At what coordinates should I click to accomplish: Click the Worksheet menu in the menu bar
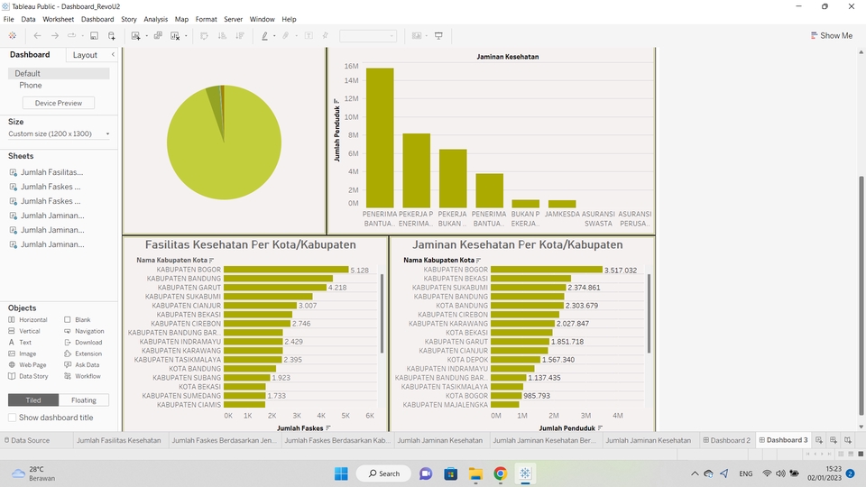tap(58, 19)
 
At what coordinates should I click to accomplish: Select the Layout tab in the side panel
tap(85, 55)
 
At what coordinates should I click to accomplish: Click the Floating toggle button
tap(84, 400)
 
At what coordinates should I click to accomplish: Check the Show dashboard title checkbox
tap(13, 418)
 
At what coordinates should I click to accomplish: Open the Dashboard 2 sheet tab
tap(729, 440)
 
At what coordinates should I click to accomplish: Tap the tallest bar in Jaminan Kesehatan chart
tap(380, 137)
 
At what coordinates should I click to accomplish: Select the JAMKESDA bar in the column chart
tap(562, 204)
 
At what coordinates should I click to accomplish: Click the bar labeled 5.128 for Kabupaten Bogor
tap(285, 270)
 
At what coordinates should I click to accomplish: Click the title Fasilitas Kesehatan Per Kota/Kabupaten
tap(251, 244)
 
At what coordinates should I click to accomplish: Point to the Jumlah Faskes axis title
tap(300, 427)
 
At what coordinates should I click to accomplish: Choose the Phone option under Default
tap(31, 86)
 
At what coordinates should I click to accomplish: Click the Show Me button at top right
tap(831, 36)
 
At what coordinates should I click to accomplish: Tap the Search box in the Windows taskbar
tap(384, 473)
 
